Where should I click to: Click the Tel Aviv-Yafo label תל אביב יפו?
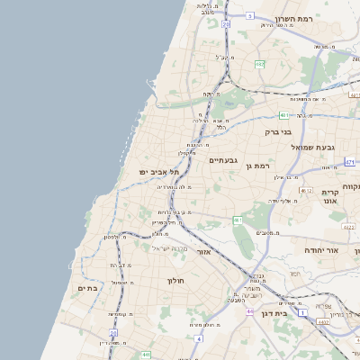click(159, 171)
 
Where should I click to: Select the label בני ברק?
click(278, 131)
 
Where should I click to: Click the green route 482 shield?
click(259, 65)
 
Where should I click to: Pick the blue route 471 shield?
click(349, 162)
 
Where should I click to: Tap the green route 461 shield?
click(238, 220)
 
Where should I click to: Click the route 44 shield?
click(247, 311)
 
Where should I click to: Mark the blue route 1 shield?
click(303, 312)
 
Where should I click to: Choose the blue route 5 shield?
click(250, 15)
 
